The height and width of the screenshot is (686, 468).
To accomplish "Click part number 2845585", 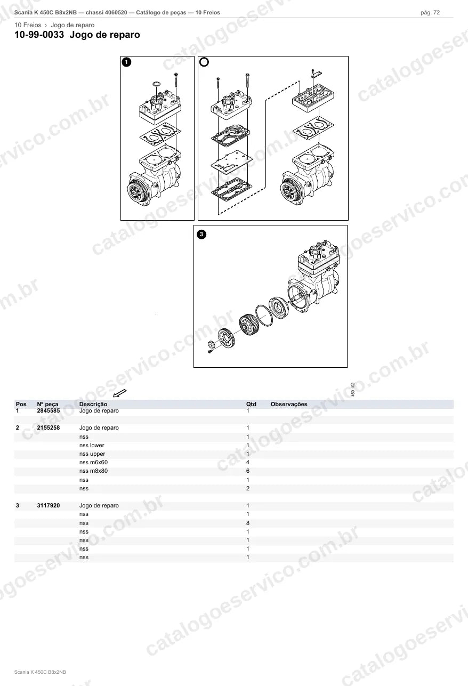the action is tap(49, 410).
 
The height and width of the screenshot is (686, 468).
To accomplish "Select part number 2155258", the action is tap(49, 428).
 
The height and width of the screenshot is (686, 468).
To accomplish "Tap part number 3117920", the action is tap(49, 506).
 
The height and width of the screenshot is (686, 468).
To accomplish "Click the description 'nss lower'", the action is tap(92, 445).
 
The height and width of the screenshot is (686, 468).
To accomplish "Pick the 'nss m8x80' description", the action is tap(93, 471).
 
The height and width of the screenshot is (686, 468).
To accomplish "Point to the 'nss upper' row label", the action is tap(92, 454).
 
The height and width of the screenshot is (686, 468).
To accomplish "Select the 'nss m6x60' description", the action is tap(93, 463).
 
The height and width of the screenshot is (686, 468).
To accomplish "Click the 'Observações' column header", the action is tap(289, 404).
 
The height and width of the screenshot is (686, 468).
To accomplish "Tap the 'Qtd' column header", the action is tap(251, 404).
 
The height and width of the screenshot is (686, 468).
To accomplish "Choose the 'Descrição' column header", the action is tap(93, 404).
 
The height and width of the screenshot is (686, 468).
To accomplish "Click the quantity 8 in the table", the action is tap(248, 523).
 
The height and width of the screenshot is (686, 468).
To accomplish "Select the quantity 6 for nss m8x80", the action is tap(248, 471).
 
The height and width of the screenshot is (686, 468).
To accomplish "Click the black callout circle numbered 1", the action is tap(126, 62).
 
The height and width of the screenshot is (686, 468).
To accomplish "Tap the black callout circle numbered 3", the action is tap(201, 235).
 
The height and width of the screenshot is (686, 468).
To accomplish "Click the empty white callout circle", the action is tap(204, 62).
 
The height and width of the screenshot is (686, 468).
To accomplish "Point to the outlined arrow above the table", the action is tap(120, 393).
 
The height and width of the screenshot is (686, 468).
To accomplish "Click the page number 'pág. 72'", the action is tap(430, 13).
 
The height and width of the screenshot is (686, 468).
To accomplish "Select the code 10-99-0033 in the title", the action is tap(39, 35).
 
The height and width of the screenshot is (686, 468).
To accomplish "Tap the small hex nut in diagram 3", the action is tap(211, 344).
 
